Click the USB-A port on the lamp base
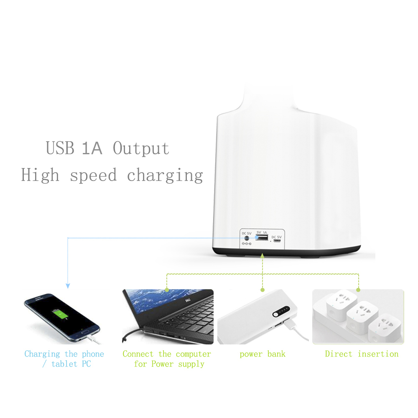pos(262,238)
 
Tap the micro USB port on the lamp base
pos(277,241)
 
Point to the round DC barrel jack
pos(247,238)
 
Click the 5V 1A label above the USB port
pos(262,232)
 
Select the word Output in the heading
pos(141,148)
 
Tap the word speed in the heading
pos(93,176)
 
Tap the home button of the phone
pos(85,331)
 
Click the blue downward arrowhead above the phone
pos(68,286)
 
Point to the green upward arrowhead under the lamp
pos(263,256)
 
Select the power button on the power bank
pos(276,315)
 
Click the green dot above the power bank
pos(263,290)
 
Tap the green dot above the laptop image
pos(167,290)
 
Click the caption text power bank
pos(263,354)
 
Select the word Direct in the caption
pos(339,354)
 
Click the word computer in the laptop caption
pos(194,354)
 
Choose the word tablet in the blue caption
pos(64,364)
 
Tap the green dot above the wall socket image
pos(358,290)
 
